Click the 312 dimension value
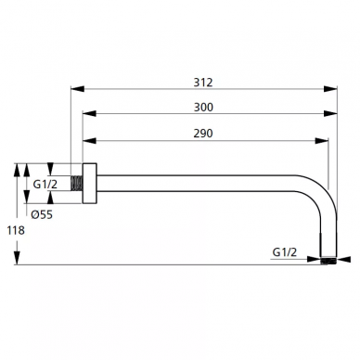pyautogui.click(x=203, y=83)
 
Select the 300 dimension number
pyautogui.click(x=203, y=108)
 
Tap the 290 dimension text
pyautogui.click(x=203, y=134)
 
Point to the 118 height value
pyautogui.click(x=16, y=230)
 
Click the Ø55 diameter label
pyautogui.click(x=42, y=214)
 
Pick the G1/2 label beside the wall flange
pyautogui.click(x=45, y=185)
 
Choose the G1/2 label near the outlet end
pyautogui.click(x=285, y=252)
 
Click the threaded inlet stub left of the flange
pyautogui.click(x=76, y=183)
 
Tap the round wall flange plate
pyautogui.click(x=90, y=184)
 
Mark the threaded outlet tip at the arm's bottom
pyautogui.click(x=328, y=261)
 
